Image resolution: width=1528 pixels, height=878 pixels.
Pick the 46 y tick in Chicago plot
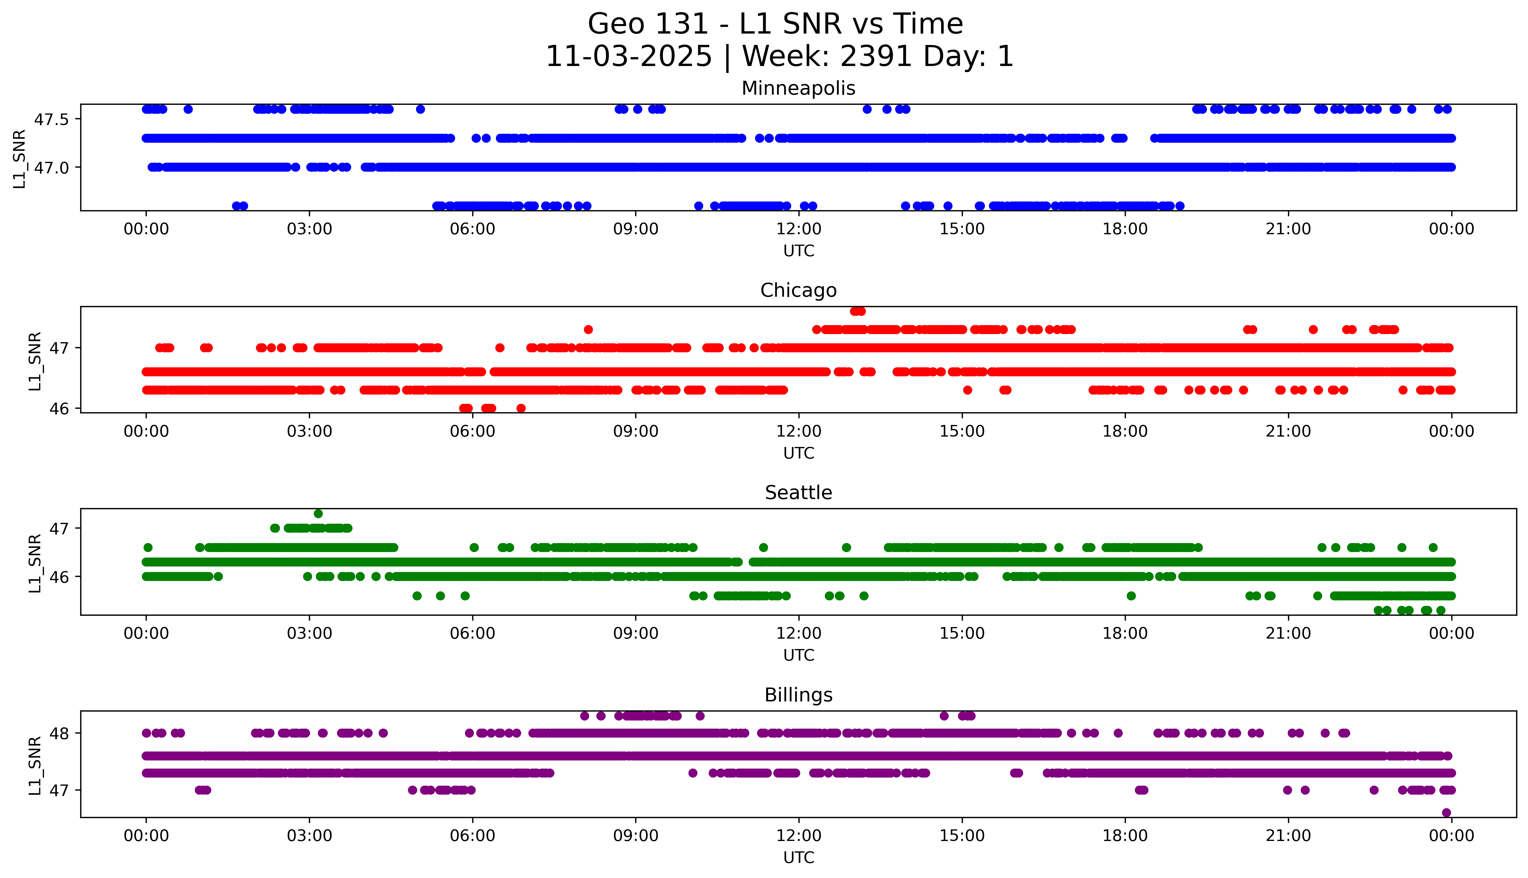(x=60, y=409)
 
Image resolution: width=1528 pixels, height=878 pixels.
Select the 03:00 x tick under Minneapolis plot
(x=309, y=229)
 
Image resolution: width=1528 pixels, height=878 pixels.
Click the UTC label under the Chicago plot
(x=798, y=453)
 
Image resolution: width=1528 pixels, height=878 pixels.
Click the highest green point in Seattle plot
(x=318, y=514)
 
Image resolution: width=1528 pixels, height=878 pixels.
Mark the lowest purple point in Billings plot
(x=1446, y=813)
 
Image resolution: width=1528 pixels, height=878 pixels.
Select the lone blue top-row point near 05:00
(x=420, y=109)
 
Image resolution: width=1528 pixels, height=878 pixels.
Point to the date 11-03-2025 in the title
(x=628, y=57)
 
